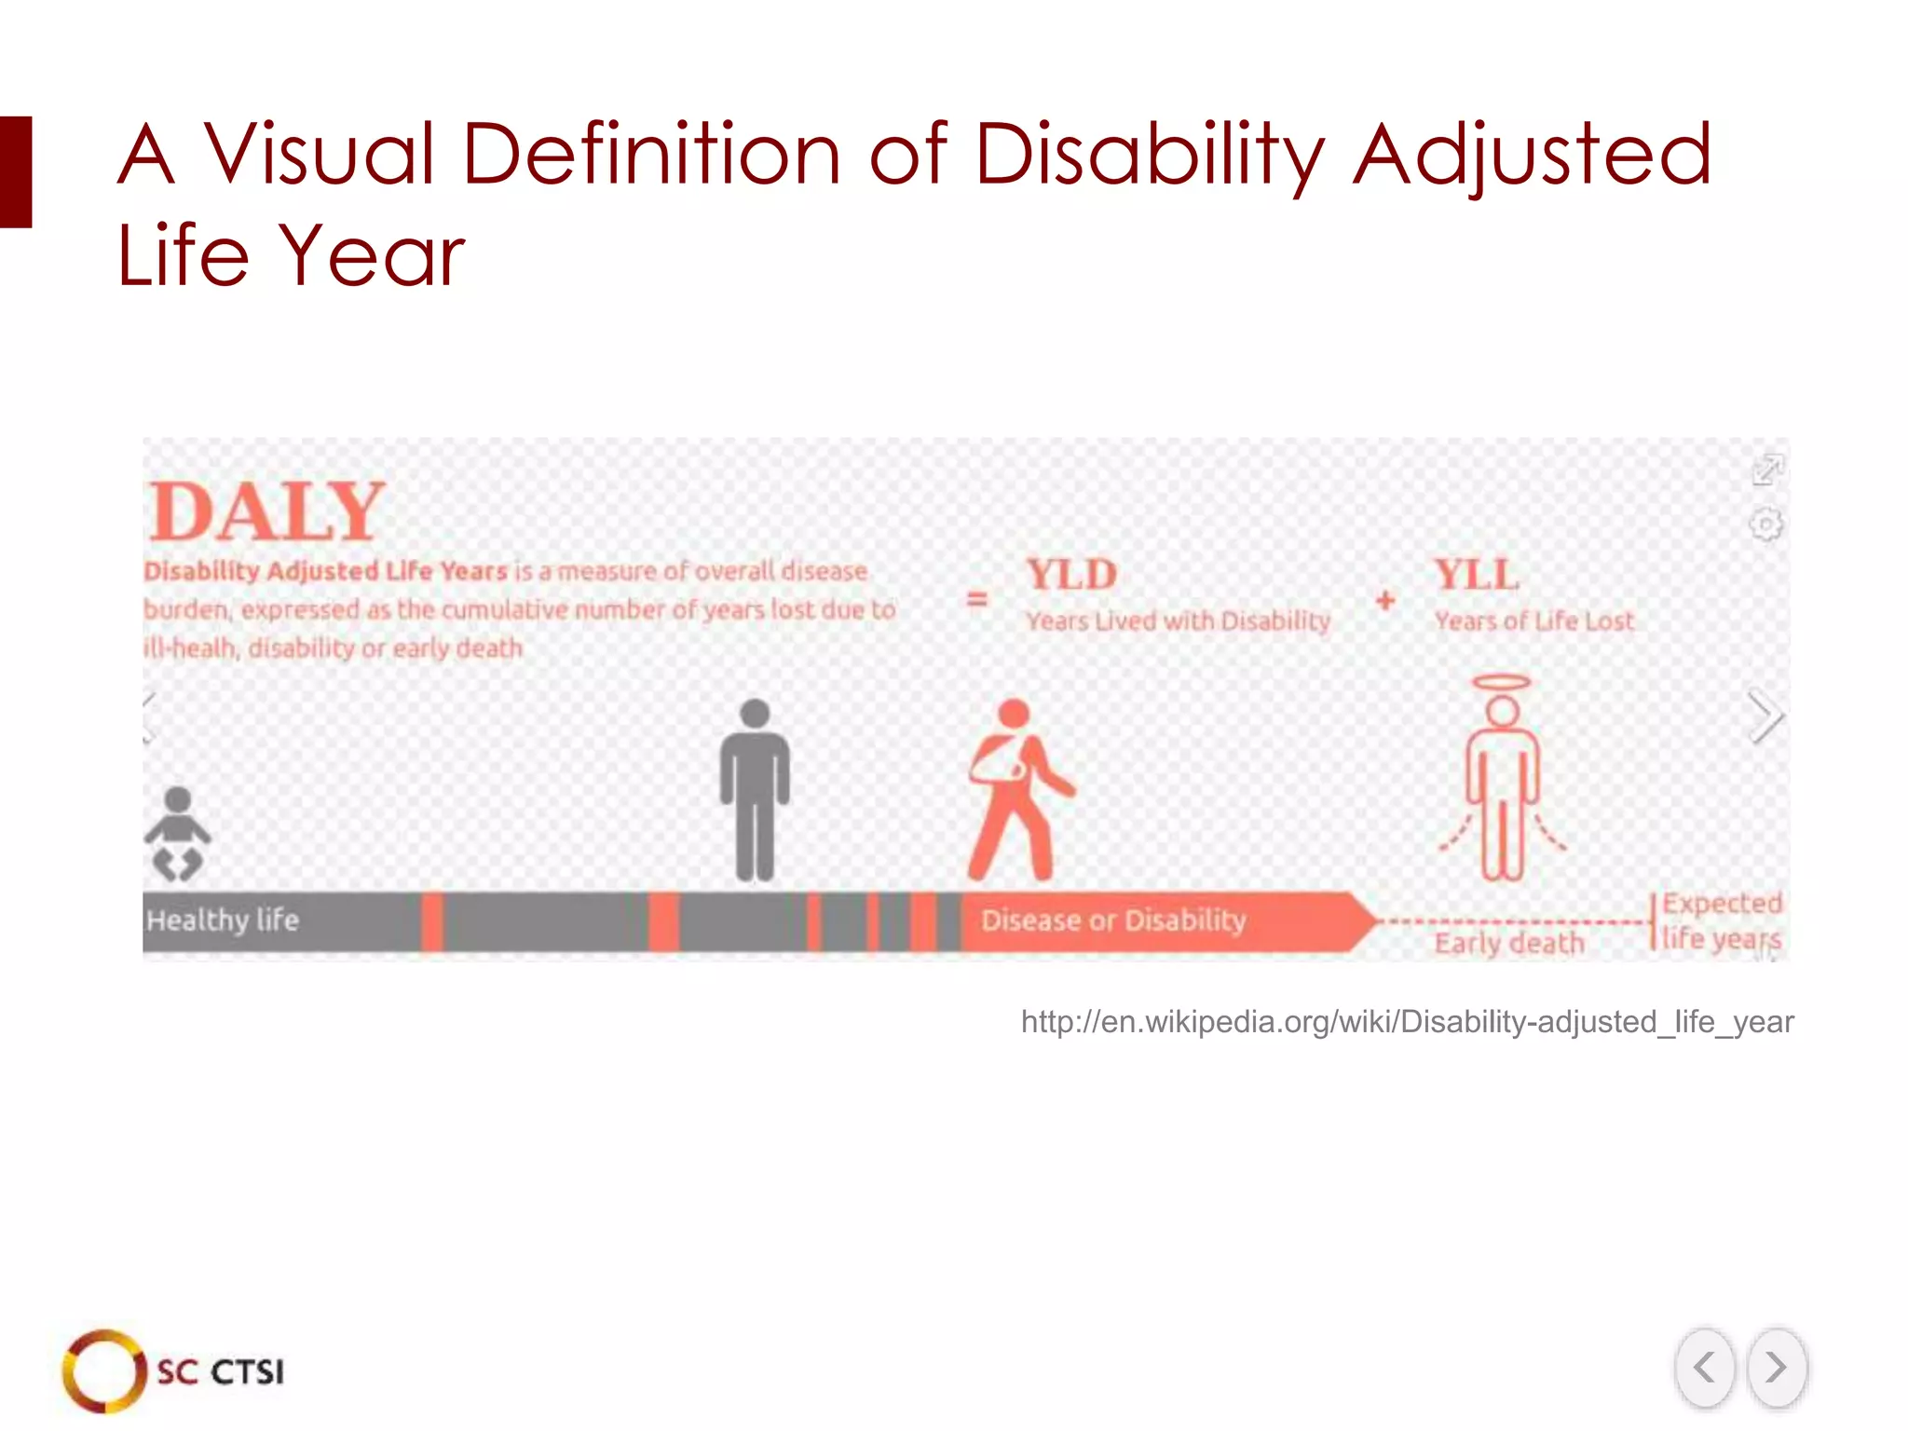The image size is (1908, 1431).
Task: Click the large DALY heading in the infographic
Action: [x=266, y=511]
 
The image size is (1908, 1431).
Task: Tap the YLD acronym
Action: [x=1071, y=575]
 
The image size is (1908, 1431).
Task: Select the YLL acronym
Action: [x=1477, y=575]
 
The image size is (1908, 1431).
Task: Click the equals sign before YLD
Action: [x=976, y=599]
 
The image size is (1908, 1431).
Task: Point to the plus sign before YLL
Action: [x=1385, y=601]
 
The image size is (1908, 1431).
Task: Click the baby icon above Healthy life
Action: [x=177, y=834]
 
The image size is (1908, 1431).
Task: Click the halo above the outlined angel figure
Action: [x=1501, y=683]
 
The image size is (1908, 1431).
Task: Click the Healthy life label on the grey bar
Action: [x=223, y=920]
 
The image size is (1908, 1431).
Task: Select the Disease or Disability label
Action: [x=1113, y=920]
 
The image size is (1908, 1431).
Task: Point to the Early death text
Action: [x=1509, y=943]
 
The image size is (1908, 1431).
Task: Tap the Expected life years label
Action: [x=1722, y=920]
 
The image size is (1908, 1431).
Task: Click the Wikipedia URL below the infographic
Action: [x=1407, y=1022]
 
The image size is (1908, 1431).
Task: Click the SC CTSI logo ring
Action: [x=103, y=1370]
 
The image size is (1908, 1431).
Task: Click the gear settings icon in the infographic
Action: [x=1765, y=525]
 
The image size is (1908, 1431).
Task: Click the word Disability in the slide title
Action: [x=1150, y=156]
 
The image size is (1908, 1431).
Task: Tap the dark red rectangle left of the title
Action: [x=16, y=171]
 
